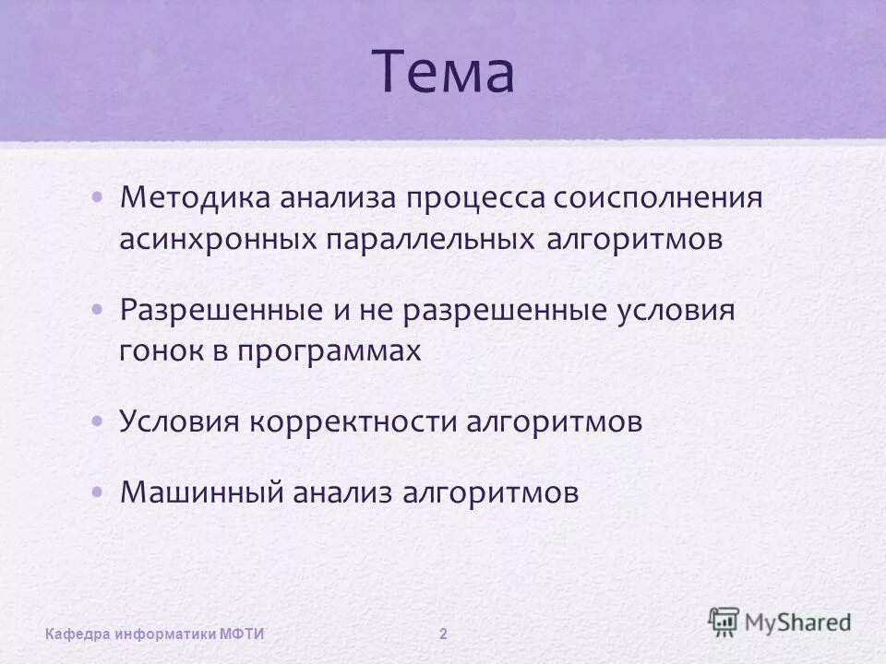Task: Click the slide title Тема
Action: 443,74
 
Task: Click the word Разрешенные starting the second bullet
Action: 220,309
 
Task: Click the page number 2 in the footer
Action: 444,634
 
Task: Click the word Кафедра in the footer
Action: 78,634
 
